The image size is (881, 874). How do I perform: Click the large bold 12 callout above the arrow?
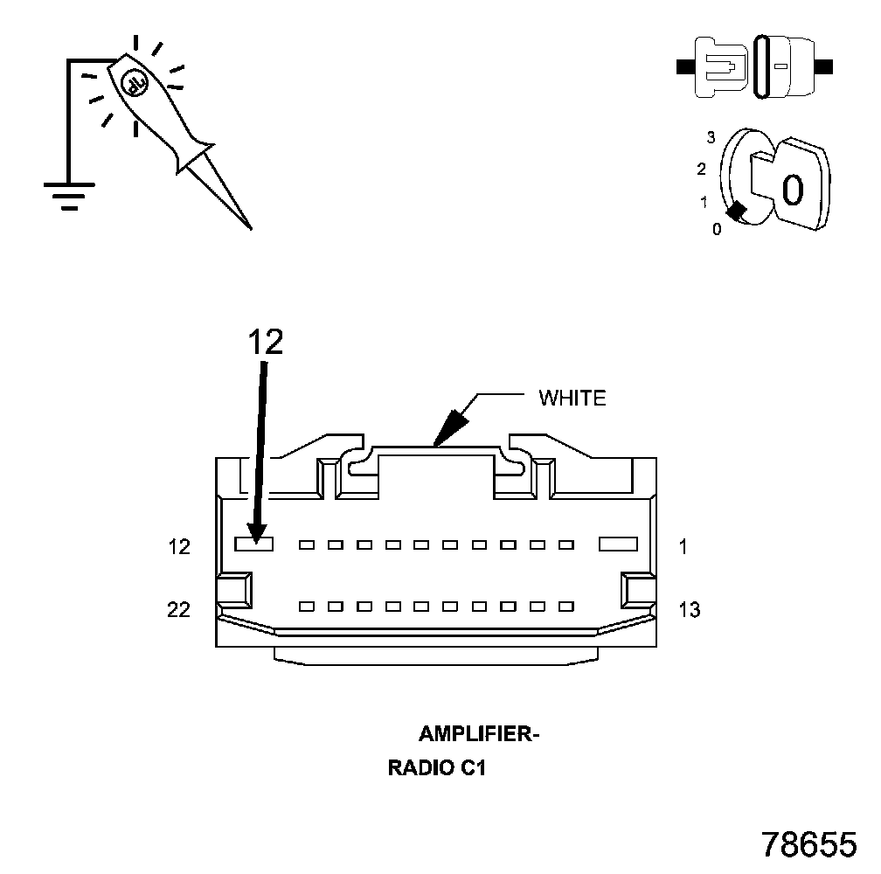click(x=266, y=342)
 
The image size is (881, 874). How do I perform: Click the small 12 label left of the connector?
click(x=179, y=547)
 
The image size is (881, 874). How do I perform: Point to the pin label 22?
click(x=179, y=609)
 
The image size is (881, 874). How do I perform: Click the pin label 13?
click(x=690, y=609)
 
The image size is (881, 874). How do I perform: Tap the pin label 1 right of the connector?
click(x=683, y=547)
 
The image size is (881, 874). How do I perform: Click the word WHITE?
click(x=572, y=399)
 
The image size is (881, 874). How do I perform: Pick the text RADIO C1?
click(x=436, y=769)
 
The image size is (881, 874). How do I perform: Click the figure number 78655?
click(x=809, y=844)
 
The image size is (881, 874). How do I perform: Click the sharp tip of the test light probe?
click(x=250, y=227)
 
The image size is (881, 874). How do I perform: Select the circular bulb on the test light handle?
click(x=134, y=83)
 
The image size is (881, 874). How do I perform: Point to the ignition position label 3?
click(x=711, y=137)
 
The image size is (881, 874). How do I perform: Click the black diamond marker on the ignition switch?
click(x=737, y=211)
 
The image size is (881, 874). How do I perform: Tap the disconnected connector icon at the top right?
click(x=756, y=66)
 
